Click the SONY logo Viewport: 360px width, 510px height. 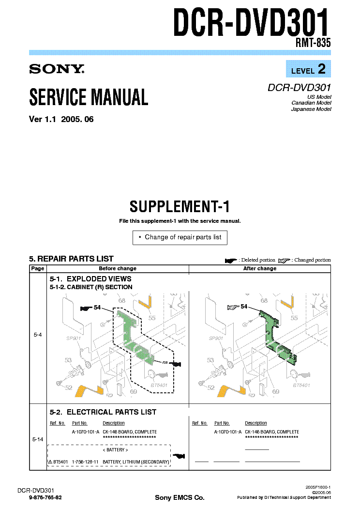[x=57, y=69]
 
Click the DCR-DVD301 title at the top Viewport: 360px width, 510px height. [x=252, y=24]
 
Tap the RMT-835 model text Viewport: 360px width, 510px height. [x=313, y=43]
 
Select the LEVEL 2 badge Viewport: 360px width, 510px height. [x=308, y=70]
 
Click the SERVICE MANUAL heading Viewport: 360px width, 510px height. [x=89, y=97]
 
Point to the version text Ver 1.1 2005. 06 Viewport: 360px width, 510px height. [x=61, y=120]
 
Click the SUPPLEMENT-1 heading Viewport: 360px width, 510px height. [x=180, y=207]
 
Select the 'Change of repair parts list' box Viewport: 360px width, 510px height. [x=180, y=237]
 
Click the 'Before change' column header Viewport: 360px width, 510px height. [x=118, y=268]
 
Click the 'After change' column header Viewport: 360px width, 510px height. [x=260, y=268]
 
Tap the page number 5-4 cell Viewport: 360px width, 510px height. [x=37, y=334]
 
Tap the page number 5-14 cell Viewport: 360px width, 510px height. [x=37, y=439]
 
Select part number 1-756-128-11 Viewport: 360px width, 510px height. [x=85, y=462]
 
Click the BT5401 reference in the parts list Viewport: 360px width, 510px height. [x=60, y=462]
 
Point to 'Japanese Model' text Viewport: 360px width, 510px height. [x=311, y=109]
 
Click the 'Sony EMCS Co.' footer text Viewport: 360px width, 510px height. [x=180, y=498]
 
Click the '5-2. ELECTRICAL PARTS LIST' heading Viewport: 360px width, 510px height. [x=103, y=412]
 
